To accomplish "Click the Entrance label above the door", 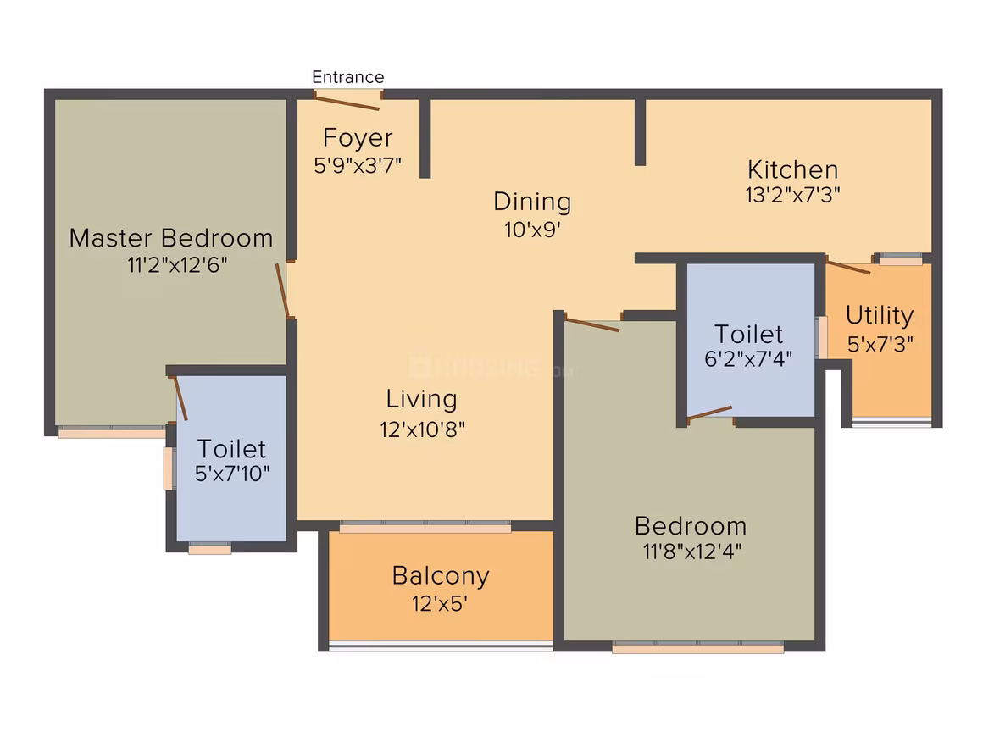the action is point(348,77).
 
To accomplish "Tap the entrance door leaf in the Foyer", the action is point(347,103).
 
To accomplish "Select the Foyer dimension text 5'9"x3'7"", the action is point(358,165).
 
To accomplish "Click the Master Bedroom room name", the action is point(171,238).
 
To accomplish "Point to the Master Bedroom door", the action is point(283,291).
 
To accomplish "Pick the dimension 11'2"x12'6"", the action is point(177,265).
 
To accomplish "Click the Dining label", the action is point(532,202).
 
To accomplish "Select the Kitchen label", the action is point(792,169).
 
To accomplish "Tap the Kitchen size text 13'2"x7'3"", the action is point(792,195).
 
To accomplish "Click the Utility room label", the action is point(880,315).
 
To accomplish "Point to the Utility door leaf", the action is point(848,267).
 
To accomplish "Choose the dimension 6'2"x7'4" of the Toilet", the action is point(748,359).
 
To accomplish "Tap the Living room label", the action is point(421,399).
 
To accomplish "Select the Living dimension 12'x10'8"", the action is point(422,429).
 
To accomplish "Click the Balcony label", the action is point(440,576).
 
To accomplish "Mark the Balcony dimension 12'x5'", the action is point(440,603).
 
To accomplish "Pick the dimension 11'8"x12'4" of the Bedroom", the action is point(692,551).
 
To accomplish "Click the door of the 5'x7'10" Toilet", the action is point(180,398).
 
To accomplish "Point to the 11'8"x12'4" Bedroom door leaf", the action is point(592,324).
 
